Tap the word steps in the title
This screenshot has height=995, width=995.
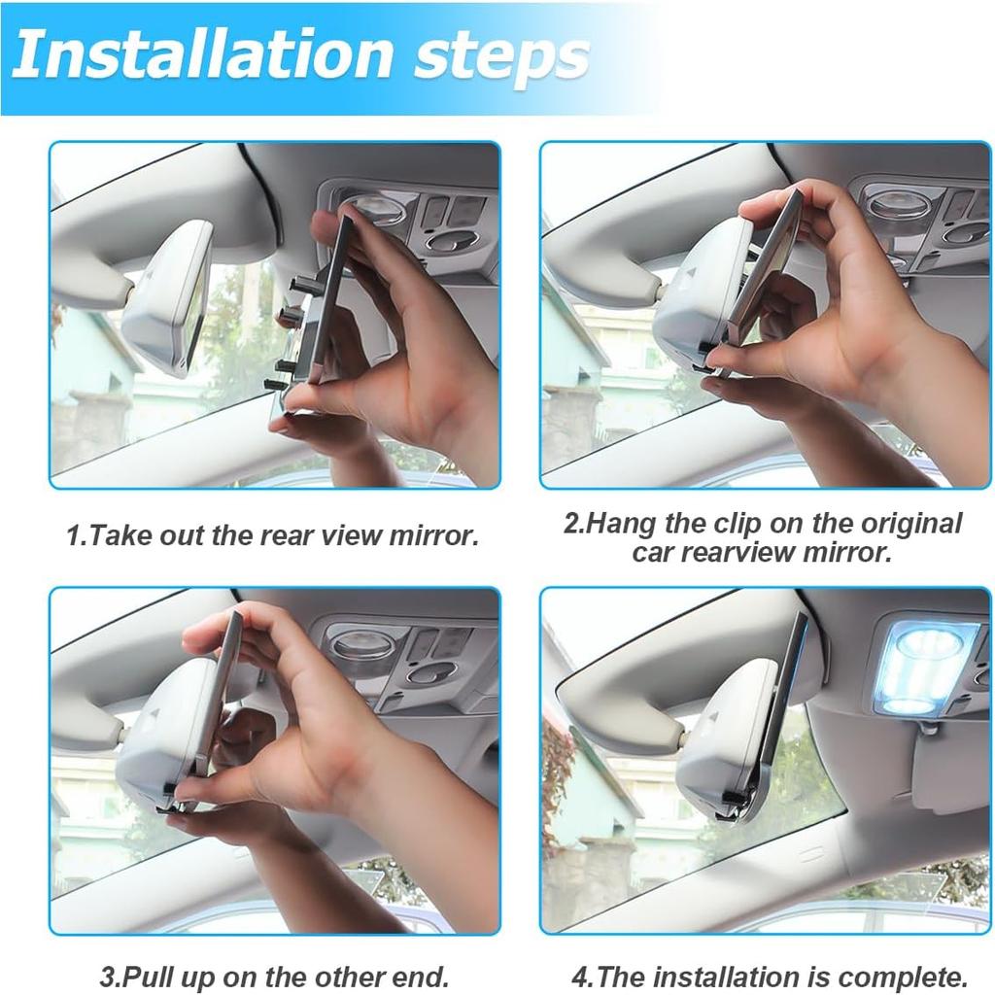(x=501, y=55)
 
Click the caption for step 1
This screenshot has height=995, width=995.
(x=272, y=535)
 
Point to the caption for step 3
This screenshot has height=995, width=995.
(x=274, y=976)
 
